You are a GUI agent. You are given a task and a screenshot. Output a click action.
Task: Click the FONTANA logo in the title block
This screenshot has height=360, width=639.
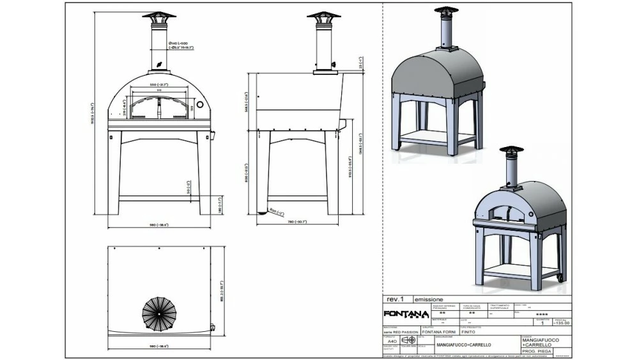pyautogui.click(x=406, y=313)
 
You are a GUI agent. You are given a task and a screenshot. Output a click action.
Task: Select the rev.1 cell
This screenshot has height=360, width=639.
pyautogui.click(x=394, y=299)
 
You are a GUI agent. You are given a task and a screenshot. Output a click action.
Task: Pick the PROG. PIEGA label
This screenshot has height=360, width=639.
pyautogui.click(x=537, y=351)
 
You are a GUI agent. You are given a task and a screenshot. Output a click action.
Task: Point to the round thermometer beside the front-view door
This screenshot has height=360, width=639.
pyautogui.click(x=199, y=104)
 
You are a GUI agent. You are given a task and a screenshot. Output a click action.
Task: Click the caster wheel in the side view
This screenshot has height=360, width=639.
pyautogui.click(x=261, y=212)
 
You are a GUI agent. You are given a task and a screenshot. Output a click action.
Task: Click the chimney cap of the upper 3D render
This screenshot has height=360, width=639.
pyautogui.click(x=440, y=12)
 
